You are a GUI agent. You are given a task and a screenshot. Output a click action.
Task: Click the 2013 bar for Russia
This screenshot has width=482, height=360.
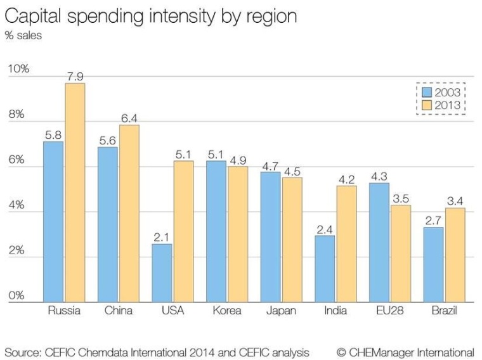coord(75,193)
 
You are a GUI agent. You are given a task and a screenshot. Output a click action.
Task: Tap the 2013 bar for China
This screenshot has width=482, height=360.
coord(129,214)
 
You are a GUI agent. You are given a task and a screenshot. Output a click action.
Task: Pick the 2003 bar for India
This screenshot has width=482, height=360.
coord(325,269)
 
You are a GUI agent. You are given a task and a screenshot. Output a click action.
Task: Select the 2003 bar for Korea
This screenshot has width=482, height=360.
coord(216,231)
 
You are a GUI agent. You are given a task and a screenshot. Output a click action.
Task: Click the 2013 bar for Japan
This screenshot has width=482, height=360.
coord(292,240)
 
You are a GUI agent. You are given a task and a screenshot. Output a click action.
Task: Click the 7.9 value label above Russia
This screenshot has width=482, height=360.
coord(75,77)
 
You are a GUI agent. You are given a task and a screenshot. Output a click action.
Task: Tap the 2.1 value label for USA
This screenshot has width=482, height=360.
coord(162,237)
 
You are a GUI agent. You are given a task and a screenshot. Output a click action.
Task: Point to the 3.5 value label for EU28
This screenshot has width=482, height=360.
coord(400,198)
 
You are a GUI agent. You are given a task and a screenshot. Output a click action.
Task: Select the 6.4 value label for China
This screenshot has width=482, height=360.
coord(129,118)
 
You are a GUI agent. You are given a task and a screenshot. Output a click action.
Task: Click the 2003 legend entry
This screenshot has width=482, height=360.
coord(442,93)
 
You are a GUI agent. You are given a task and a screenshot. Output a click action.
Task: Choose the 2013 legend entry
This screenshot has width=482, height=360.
coord(442,105)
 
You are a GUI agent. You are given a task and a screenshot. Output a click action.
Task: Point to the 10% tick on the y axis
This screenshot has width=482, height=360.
coord(18,69)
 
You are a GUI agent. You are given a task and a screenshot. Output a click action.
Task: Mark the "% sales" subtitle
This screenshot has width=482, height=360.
coord(23,35)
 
